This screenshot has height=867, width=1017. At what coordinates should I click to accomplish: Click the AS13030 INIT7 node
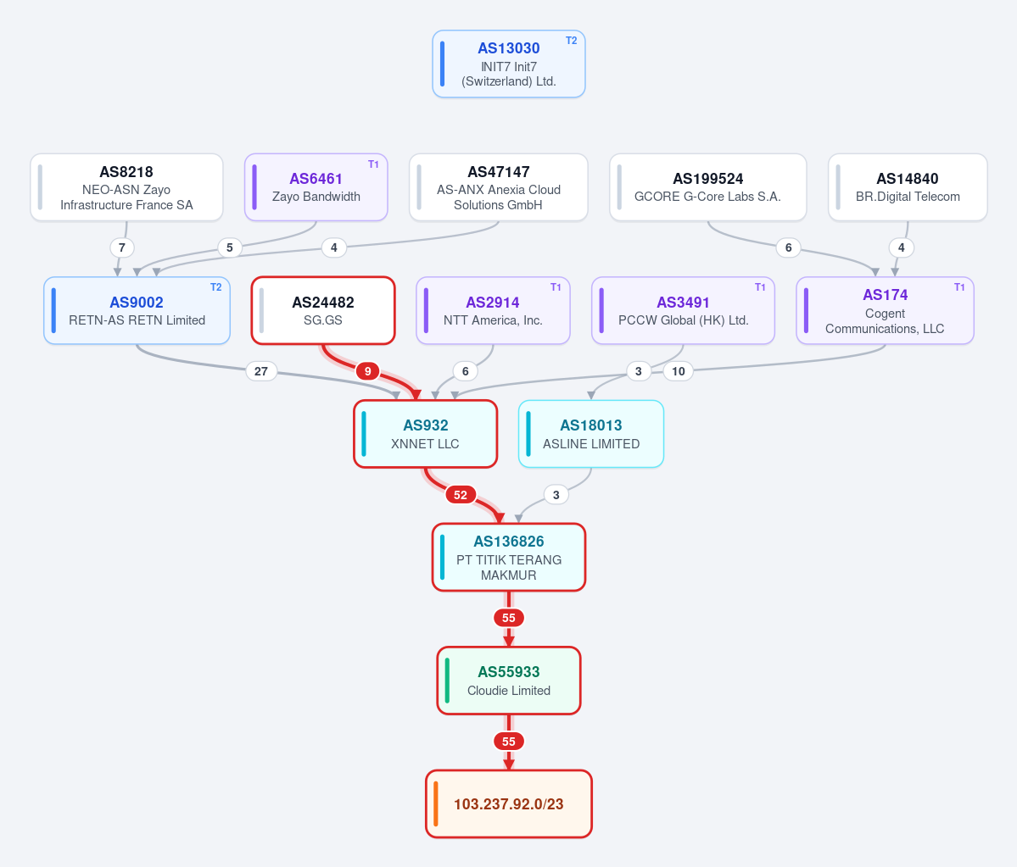[509, 64]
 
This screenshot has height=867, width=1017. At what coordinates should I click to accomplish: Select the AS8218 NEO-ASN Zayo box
[126, 187]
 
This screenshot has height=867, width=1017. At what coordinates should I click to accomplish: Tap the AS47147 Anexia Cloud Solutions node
[498, 187]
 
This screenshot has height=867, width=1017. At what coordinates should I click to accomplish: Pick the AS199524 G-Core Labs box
[707, 187]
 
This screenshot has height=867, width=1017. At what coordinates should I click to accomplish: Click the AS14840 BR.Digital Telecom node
[908, 187]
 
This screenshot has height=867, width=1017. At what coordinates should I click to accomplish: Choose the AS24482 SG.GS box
[323, 310]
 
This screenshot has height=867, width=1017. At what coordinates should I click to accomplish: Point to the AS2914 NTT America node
[493, 310]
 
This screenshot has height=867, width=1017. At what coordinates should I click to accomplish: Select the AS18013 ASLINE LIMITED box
[591, 434]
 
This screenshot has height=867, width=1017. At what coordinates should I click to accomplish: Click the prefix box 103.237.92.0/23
[509, 804]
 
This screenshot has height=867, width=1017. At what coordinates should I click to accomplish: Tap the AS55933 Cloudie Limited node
[509, 681]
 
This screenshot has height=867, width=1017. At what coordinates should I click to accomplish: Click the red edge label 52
[461, 495]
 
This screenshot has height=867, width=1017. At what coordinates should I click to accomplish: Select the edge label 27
[260, 371]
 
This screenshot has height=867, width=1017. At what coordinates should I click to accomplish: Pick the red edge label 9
[368, 371]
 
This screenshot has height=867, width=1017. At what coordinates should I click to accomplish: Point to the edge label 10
[679, 371]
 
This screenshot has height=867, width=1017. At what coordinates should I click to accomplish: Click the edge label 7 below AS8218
[122, 247]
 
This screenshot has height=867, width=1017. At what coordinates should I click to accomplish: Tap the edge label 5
[230, 247]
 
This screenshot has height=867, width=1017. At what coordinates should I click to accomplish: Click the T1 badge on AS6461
[373, 164]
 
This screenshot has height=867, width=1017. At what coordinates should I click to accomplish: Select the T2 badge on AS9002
[216, 287]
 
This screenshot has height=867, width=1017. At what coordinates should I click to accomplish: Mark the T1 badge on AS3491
[760, 287]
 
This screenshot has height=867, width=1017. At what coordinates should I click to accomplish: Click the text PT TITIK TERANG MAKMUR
[509, 568]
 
